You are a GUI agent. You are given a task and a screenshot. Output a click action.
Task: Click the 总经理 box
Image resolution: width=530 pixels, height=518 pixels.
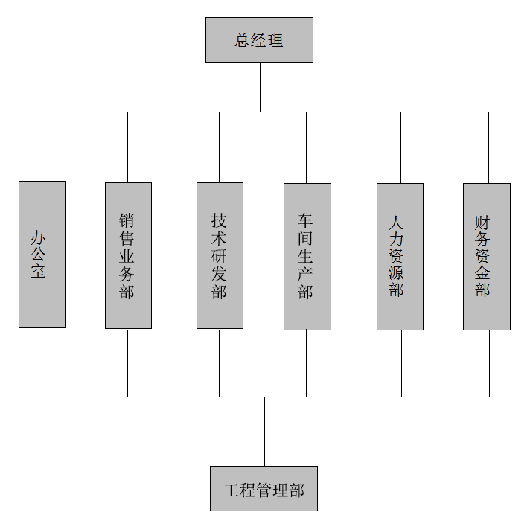(x=259, y=39)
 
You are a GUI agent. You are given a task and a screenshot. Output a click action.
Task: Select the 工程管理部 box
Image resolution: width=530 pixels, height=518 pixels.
(x=264, y=488)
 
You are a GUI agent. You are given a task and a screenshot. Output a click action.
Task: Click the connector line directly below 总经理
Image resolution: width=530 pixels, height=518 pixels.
(x=260, y=86)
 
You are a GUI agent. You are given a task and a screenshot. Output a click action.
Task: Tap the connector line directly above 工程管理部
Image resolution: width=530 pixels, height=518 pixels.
(x=264, y=432)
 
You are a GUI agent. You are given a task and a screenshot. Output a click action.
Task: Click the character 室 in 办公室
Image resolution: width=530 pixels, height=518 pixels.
(x=38, y=271)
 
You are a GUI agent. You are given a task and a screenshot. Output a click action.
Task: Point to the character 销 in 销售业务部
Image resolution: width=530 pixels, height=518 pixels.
(x=127, y=221)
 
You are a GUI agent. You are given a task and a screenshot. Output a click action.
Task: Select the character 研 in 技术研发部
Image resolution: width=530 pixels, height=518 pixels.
(x=219, y=257)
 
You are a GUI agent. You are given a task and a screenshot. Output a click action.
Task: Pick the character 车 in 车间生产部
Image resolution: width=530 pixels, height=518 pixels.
(x=305, y=221)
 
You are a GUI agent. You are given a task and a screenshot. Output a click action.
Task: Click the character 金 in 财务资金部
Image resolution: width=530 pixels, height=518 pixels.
(x=482, y=273)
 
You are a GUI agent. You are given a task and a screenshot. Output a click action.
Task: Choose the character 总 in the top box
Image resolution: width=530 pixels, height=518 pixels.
(x=243, y=40)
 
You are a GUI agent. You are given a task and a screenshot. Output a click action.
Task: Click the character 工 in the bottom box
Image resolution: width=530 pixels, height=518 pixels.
(x=232, y=490)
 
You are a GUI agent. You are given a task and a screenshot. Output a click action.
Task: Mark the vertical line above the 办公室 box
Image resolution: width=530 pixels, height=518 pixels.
(x=39, y=146)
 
